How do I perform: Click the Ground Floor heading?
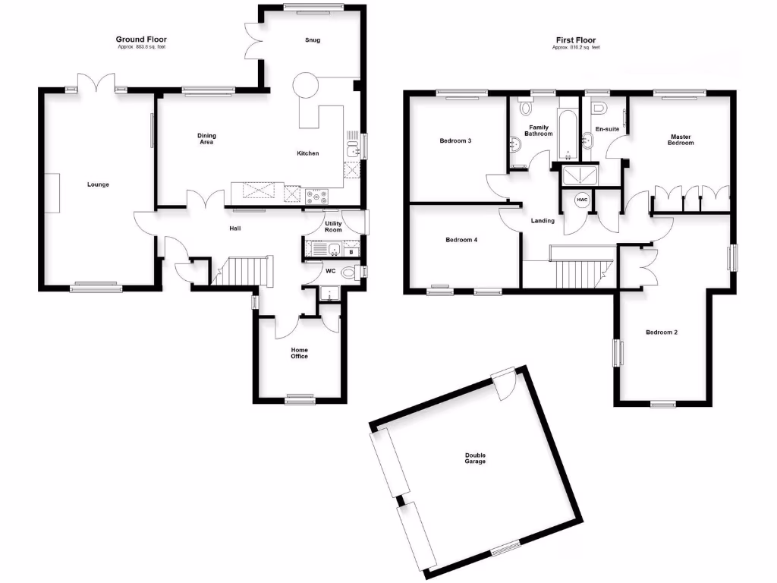[141, 39]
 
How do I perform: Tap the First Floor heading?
[575, 39]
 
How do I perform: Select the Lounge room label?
[98, 184]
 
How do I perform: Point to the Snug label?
[312, 40]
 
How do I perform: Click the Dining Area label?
[207, 139]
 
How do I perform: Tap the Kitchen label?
[307, 153]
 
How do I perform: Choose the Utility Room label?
[334, 226]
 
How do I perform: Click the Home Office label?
[300, 353]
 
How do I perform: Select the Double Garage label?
[475, 459]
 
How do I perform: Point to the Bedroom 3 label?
[456, 140]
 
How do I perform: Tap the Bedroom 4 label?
[461, 240]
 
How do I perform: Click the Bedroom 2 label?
[662, 332]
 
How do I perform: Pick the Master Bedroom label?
[681, 140]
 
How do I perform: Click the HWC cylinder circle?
[582, 200]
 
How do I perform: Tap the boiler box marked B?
[351, 251]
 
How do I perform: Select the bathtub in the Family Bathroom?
[568, 137]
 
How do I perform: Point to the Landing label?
[543, 221]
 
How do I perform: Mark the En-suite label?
[607, 129]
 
